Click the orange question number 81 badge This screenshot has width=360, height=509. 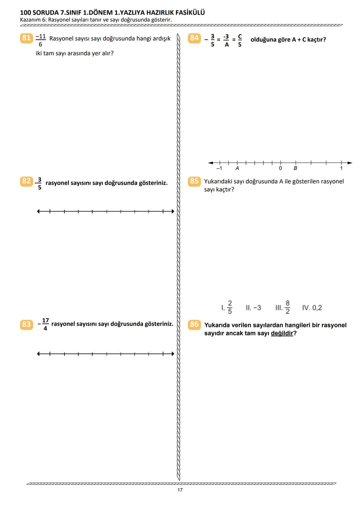coord(26,38)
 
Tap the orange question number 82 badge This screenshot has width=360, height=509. coord(26,181)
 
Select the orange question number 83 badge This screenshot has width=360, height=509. coord(26,324)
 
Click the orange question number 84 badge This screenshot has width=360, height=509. coord(194,38)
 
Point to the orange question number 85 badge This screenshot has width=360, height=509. coord(194,181)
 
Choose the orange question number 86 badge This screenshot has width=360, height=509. coord(194,324)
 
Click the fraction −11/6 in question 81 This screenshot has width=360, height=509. coord(40,40)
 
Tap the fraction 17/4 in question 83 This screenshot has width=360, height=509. coord(45,324)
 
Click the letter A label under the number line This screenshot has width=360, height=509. coord(237,168)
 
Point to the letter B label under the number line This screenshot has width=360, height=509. coord(295,168)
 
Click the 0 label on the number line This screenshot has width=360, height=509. coord(280,168)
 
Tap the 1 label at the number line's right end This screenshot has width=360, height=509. coord(341,168)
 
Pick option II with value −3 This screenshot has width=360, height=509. coord(253,308)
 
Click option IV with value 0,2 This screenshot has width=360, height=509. coord(312,308)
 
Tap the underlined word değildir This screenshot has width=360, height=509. coord(282,333)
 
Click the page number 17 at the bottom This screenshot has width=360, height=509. coord(180,490)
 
